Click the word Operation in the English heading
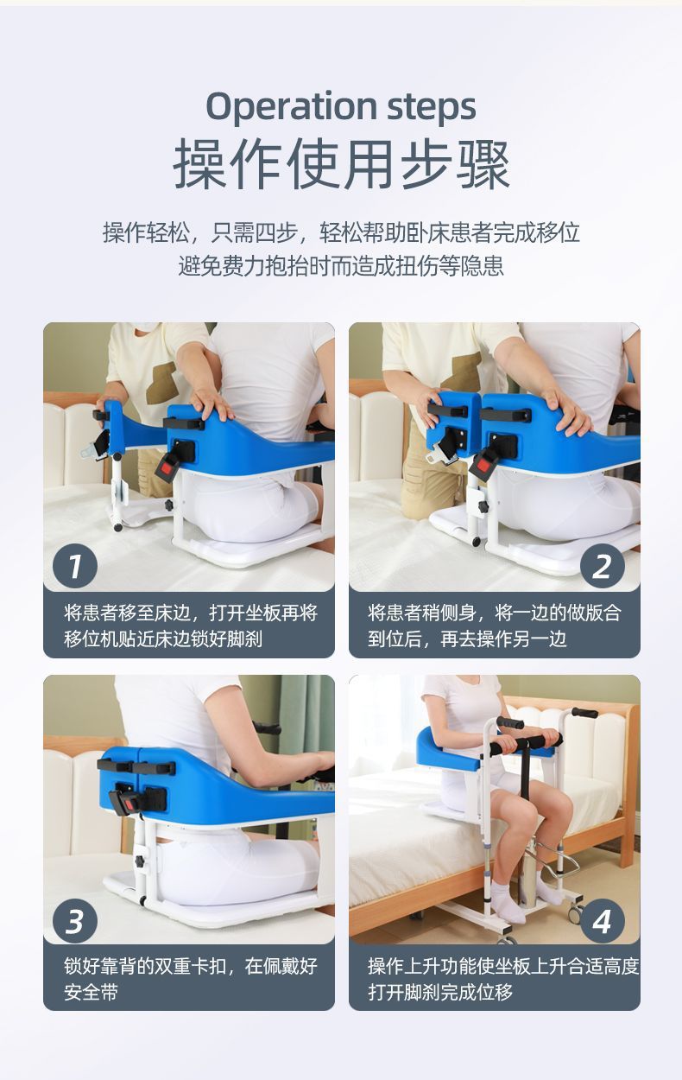291,106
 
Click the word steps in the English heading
432,106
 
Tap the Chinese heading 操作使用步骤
342,164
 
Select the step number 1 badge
74,566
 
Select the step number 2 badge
602,566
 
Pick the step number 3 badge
74,921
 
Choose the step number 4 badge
602,921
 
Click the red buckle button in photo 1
166,468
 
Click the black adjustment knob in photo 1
169,505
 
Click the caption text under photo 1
191,626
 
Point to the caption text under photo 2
494,626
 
